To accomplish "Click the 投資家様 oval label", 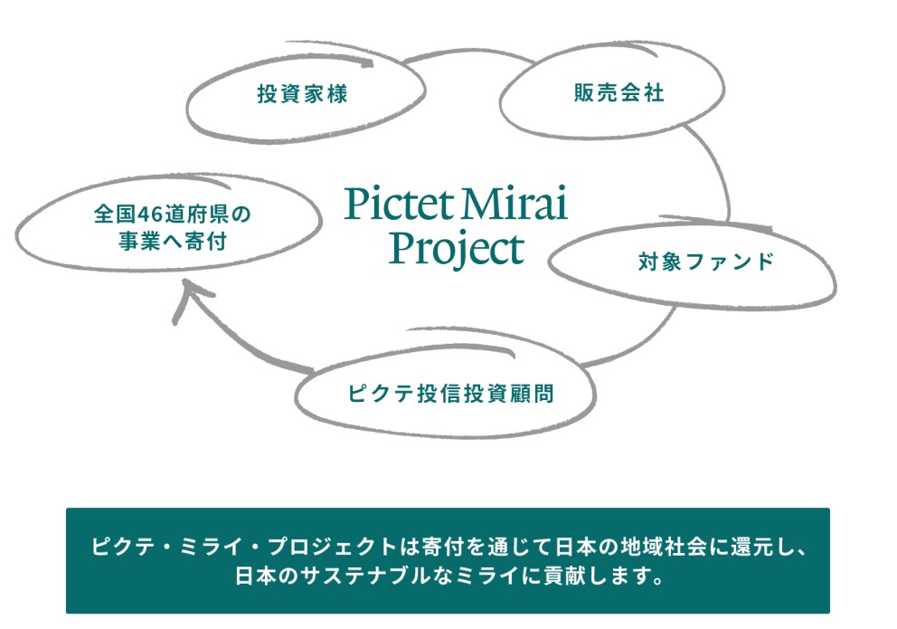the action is [x=302, y=94].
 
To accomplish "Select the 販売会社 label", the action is [x=619, y=92].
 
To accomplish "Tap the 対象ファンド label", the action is [x=706, y=262].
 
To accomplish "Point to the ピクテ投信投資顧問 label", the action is [x=451, y=394].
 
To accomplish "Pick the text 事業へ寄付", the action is [x=172, y=241].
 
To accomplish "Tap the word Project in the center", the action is [x=456, y=250].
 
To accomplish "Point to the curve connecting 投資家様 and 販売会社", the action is [x=469, y=53].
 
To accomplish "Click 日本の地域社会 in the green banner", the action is [x=631, y=548].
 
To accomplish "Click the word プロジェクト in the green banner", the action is [x=333, y=548].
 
